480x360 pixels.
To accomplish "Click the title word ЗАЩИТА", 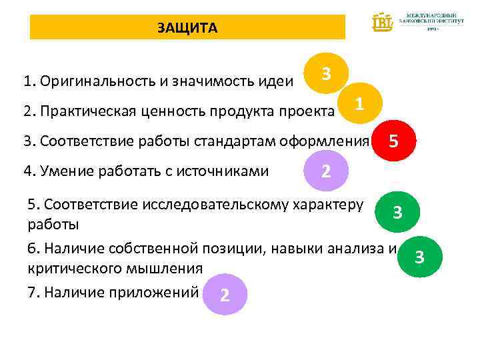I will tap(187, 28).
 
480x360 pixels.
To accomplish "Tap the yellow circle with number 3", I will tap(325, 73).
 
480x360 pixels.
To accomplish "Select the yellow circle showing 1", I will tap(359, 104).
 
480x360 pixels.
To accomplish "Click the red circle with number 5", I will tap(394, 141).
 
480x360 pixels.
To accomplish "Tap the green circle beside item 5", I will tap(397, 213).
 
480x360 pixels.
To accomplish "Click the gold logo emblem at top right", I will tap(383, 22).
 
